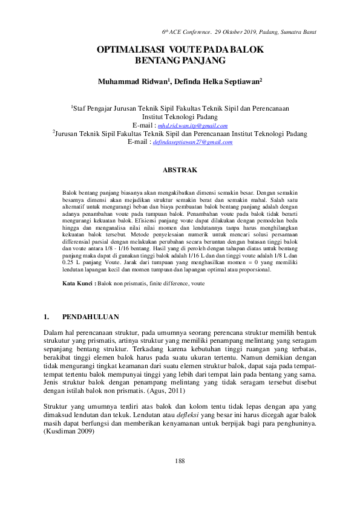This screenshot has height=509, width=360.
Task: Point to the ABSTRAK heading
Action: [180, 171]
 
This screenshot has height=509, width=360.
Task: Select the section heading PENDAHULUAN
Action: [91, 317]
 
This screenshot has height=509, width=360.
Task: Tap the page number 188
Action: [180, 461]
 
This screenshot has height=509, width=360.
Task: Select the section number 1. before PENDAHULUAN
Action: [47, 317]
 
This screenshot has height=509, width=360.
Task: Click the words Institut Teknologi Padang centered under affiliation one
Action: [180, 117]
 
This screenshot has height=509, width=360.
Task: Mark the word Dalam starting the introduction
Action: [54, 333]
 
